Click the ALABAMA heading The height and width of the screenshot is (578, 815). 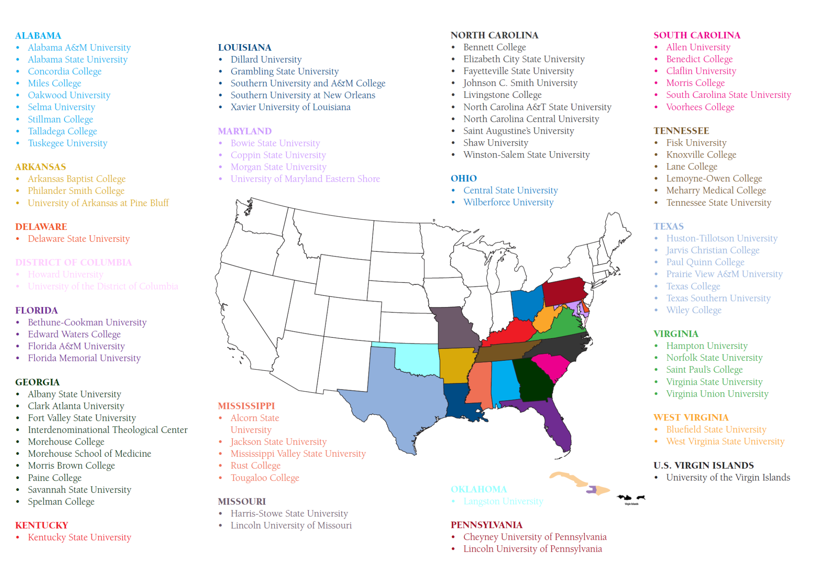(38, 36)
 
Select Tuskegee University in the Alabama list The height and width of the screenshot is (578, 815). (68, 143)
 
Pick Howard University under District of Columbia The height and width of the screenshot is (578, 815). (66, 274)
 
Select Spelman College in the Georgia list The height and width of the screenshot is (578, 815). (61, 502)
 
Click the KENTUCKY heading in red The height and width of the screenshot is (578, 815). (42, 525)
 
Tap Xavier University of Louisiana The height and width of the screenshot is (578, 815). (291, 107)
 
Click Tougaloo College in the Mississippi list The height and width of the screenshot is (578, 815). (265, 478)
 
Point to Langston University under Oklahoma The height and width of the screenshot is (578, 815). (503, 501)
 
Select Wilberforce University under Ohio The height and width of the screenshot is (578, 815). (509, 202)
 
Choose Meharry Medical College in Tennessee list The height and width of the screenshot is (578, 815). (716, 191)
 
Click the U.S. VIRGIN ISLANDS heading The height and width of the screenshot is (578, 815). (704, 465)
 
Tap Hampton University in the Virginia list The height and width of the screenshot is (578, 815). (707, 346)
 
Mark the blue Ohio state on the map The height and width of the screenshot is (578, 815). (526, 304)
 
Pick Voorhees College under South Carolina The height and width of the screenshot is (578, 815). (700, 107)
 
